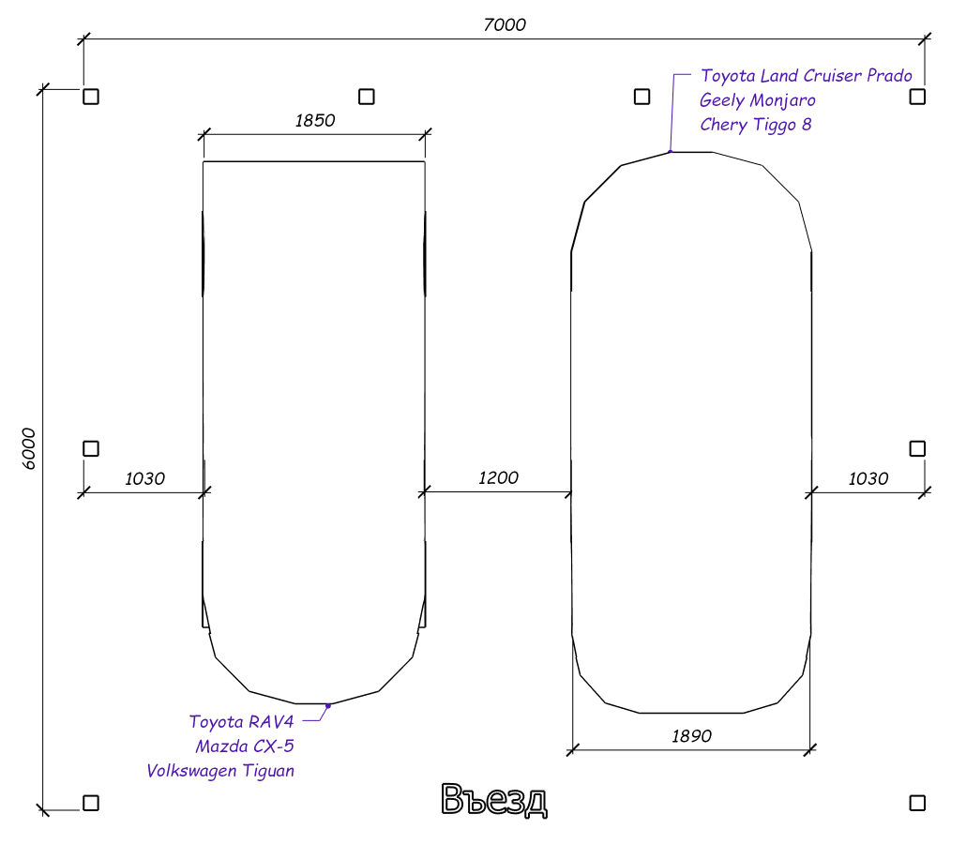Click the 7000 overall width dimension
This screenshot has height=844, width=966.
coord(505,24)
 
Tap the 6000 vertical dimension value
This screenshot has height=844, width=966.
coord(29,448)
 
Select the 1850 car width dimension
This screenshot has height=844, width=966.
coord(315,120)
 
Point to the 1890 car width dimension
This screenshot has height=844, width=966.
coord(691,735)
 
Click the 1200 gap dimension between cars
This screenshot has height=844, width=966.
coord(498,477)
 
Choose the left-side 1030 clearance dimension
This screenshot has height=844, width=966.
coord(144,478)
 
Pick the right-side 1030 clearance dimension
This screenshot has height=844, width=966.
coord(868,478)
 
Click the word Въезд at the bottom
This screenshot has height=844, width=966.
coord(494,800)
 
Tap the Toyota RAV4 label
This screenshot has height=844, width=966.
coord(242,721)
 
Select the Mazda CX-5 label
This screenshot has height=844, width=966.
coord(245,746)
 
